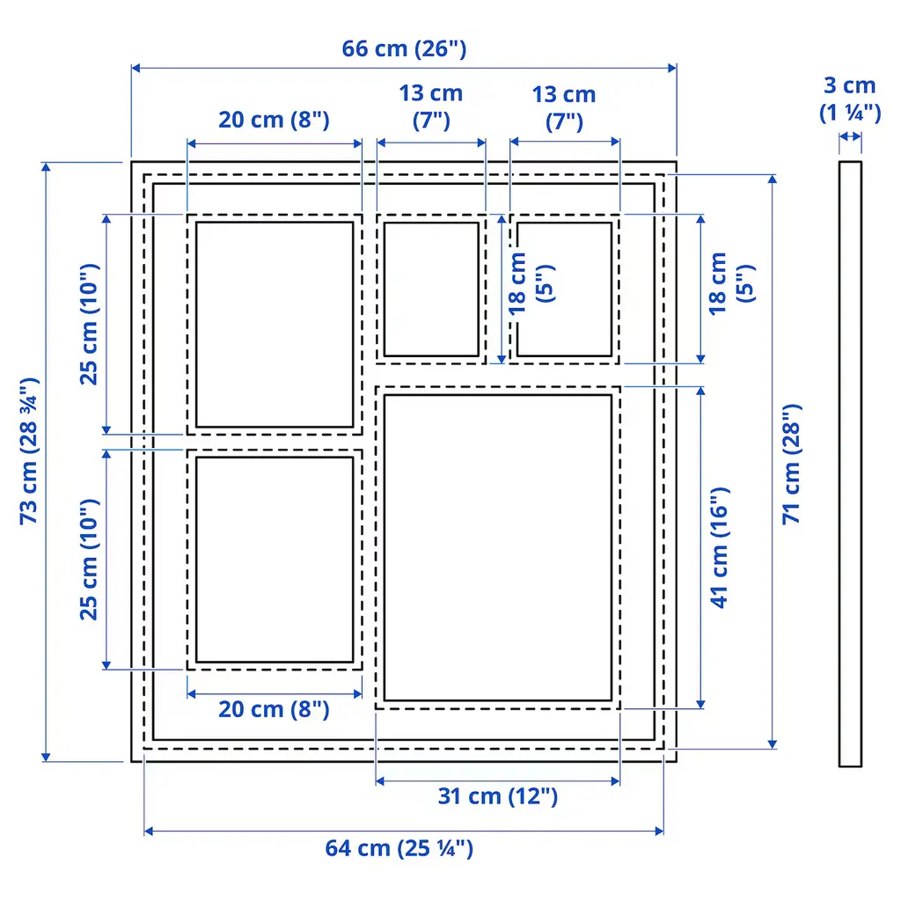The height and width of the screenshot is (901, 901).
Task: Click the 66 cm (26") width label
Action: (404, 49)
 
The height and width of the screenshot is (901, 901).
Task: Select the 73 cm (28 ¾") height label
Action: (29, 451)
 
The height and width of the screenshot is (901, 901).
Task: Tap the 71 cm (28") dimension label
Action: (791, 464)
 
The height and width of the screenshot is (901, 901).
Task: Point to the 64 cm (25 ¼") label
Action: (399, 848)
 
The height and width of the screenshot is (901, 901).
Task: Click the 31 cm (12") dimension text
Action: (498, 796)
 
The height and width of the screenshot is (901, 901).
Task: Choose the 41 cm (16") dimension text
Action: (719, 547)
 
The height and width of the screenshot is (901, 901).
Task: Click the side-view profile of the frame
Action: (850, 464)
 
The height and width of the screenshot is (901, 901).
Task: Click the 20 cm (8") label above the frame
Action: (275, 120)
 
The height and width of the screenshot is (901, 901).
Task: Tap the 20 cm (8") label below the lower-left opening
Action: (275, 709)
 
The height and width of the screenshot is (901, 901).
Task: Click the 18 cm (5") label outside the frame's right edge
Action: (731, 283)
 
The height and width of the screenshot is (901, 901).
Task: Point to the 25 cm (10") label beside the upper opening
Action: (89, 324)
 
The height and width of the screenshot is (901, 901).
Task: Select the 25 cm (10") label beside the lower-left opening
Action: (89, 559)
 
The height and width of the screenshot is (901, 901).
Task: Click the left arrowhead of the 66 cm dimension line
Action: (136, 69)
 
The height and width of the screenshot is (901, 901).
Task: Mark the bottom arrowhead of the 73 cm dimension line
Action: (46, 757)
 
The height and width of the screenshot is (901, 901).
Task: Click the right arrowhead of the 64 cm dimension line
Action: (659, 831)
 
